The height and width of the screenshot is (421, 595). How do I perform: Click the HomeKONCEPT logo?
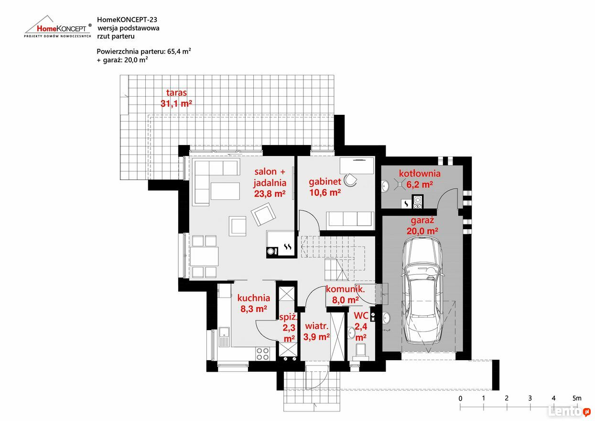pyautogui.click(x=58, y=27)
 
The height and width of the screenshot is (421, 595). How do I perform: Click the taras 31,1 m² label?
pyautogui.click(x=176, y=98)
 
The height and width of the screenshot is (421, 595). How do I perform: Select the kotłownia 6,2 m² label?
pyautogui.click(x=420, y=179)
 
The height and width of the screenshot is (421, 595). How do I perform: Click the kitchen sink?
pyautogui.click(x=225, y=337)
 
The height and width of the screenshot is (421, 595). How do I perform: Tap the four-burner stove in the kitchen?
pyautogui.click(x=262, y=354)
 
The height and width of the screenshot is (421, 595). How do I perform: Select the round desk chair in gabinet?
pyautogui.click(x=350, y=180)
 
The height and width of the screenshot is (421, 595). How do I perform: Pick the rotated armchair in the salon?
pyautogui.click(x=263, y=214)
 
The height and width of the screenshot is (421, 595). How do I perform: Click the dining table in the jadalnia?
pyautogui.click(x=204, y=256)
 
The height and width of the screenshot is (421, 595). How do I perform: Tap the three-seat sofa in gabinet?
pyautogui.click(x=350, y=219)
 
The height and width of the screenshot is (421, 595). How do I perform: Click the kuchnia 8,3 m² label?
pyautogui.click(x=254, y=303)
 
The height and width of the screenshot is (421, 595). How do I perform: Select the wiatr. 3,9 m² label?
pyautogui.click(x=317, y=332)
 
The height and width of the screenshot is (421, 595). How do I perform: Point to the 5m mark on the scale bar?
pyautogui.click(x=577, y=398)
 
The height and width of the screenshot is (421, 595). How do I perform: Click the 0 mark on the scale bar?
pyautogui.click(x=460, y=399)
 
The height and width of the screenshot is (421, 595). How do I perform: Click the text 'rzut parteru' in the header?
pyautogui.click(x=116, y=36)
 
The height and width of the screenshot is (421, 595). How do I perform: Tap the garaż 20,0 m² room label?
pyautogui.click(x=422, y=225)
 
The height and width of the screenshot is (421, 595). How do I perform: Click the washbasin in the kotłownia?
pyautogui.click(x=385, y=186)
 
